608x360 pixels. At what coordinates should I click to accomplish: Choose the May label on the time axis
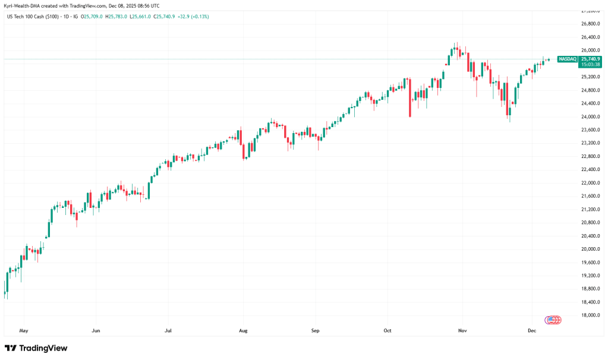[24, 330]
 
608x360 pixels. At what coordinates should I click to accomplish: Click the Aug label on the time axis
[242, 330]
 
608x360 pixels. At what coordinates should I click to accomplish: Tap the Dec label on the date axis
[532, 330]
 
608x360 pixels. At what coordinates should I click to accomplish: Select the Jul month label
[168, 330]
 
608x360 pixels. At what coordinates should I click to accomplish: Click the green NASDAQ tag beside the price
[568, 59]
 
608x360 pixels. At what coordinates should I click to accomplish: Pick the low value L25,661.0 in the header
[143, 16]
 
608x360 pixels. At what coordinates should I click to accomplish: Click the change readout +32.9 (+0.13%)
[193, 16]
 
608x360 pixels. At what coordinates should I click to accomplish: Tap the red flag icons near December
[553, 320]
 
